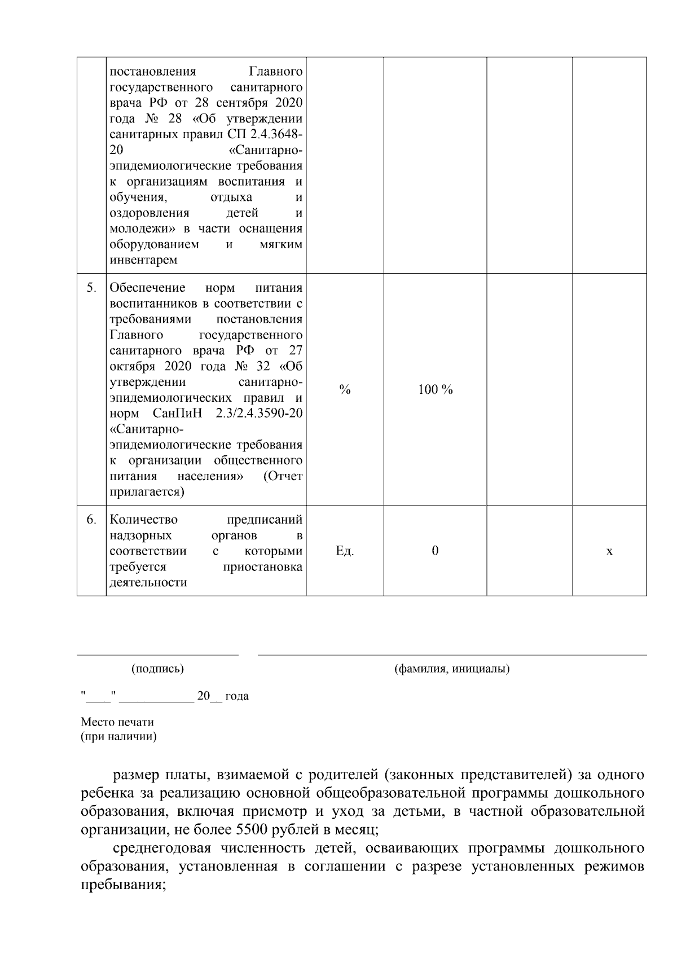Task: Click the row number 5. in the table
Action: [x=91, y=288]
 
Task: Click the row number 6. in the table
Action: [x=91, y=519]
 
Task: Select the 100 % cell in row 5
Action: [x=435, y=390]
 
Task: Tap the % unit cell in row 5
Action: [x=345, y=390]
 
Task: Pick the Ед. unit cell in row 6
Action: [x=345, y=551]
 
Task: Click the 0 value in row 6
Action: [x=435, y=551]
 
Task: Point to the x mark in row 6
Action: [x=609, y=551]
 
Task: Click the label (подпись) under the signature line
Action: [x=157, y=669]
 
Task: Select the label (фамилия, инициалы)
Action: [x=452, y=669]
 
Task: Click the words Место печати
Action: [x=117, y=722]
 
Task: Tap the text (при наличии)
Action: [x=118, y=736]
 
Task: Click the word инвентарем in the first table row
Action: [x=143, y=260]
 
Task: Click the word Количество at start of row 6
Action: [x=143, y=519]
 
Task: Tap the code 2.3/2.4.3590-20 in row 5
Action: [x=259, y=413]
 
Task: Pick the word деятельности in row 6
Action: [x=148, y=582]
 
